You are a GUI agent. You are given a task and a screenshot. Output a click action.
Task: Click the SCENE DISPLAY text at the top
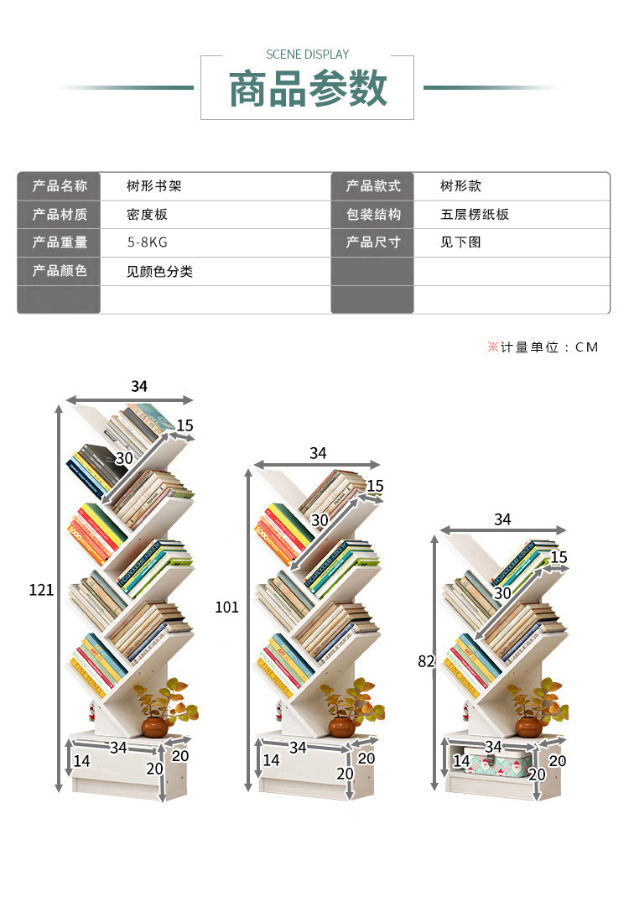(307, 55)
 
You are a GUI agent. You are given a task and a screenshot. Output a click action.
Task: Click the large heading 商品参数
(308, 89)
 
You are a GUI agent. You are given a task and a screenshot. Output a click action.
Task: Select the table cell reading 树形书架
(153, 186)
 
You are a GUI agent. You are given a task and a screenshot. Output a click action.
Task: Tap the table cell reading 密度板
(147, 215)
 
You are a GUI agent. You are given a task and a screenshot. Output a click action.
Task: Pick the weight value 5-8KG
(147, 242)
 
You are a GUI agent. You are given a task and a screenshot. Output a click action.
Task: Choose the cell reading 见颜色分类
(159, 272)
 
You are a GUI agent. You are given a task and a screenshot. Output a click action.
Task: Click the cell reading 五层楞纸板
(475, 215)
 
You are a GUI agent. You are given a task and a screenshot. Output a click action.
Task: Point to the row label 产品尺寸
(373, 242)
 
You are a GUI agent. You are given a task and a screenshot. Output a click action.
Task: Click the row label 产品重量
(60, 242)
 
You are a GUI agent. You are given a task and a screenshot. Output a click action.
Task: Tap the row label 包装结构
(373, 215)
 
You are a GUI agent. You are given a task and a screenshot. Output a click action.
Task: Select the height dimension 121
(41, 590)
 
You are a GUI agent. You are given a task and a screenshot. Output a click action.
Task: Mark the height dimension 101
(227, 607)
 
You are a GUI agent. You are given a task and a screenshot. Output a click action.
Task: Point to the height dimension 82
(426, 661)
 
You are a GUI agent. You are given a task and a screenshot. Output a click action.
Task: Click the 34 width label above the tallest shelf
(139, 387)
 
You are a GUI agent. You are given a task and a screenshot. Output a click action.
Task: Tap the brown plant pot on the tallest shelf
(154, 726)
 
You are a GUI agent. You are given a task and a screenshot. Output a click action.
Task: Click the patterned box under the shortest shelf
(495, 764)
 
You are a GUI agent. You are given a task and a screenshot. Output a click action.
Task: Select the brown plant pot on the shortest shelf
(528, 726)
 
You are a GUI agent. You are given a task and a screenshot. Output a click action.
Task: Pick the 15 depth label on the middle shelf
(375, 486)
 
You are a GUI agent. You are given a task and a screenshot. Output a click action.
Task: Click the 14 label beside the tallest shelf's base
(81, 761)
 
